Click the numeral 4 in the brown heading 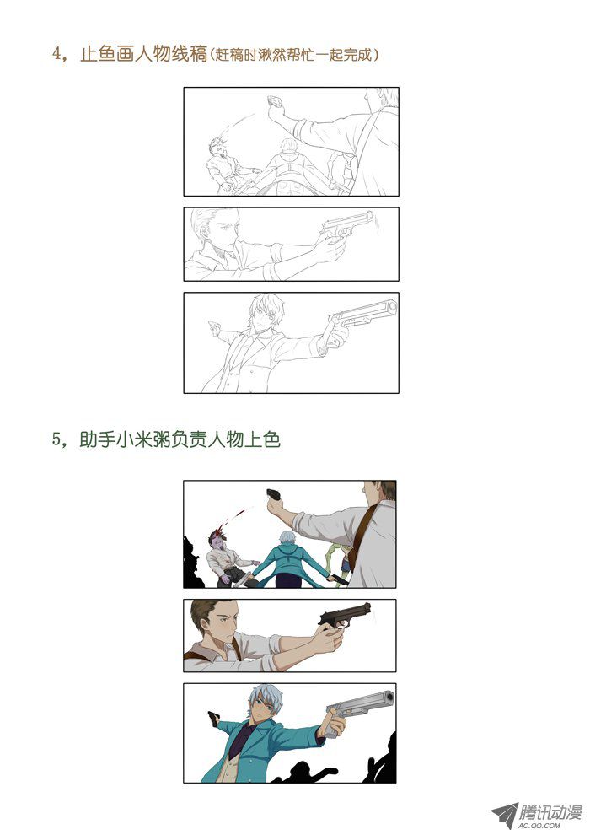[57, 54]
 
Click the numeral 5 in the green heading [57, 440]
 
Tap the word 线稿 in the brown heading [190, 54]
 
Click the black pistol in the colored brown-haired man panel [345, 615]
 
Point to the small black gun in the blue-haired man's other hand [214, 719]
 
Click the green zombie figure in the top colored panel [340, 562]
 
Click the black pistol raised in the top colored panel [273, 494]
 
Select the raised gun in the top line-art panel [275, 101]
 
